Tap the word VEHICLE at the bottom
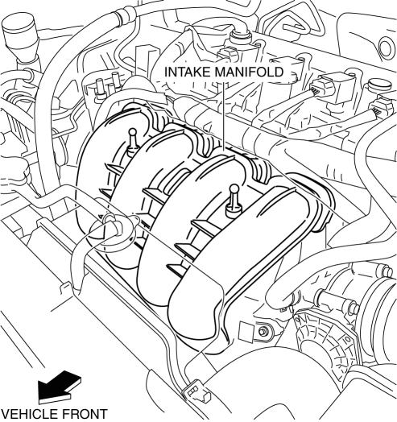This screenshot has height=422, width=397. tap(29, 415)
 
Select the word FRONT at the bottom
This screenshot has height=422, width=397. tap(85, 415)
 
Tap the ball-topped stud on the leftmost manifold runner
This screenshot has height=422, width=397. tap(133, 141)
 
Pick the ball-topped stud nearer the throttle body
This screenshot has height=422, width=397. tap(234, 201)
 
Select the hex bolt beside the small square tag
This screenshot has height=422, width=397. tap(263, 331)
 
